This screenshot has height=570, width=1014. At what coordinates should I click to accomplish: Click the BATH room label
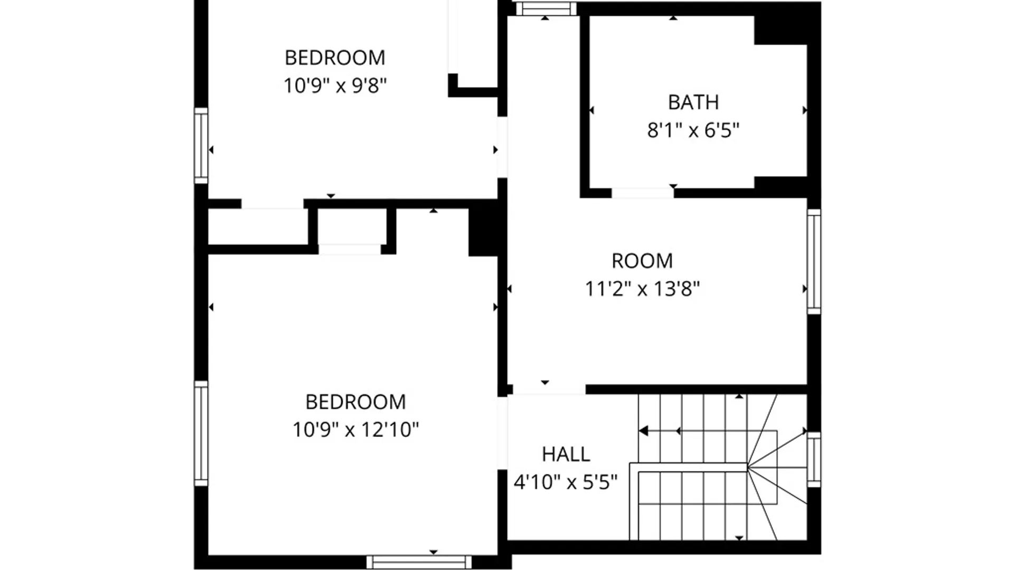point(693,102)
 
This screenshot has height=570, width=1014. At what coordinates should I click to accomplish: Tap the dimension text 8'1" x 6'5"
point(693,130)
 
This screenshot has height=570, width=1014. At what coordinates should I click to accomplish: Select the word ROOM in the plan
point(642,261)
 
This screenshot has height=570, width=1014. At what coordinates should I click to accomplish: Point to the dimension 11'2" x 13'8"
point(642,289)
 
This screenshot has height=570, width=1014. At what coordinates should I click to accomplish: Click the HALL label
point(566,454)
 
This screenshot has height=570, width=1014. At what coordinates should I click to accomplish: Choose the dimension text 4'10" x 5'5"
point(566,482)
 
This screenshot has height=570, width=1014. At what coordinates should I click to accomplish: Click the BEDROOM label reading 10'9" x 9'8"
point(335,58)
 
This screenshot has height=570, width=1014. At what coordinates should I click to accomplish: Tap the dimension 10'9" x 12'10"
point(355,430)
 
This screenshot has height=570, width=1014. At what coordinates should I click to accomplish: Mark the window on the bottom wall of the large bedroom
point(419,562)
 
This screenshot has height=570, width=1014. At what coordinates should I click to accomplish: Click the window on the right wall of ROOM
point(814,261)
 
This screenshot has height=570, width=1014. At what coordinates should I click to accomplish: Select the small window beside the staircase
point(814,459)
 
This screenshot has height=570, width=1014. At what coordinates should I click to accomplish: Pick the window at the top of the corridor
point(546,8)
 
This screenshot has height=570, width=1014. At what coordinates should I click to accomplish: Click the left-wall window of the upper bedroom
point(201,146)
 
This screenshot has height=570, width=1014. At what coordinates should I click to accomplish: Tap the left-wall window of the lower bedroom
point(201,433)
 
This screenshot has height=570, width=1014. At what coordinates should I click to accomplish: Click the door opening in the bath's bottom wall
point(643,193)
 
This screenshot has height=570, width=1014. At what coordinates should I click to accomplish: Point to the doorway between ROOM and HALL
point(549,389)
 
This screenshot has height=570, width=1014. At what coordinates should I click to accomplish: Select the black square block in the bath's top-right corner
point(781,31)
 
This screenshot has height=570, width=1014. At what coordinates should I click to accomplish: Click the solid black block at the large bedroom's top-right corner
point(483,230)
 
